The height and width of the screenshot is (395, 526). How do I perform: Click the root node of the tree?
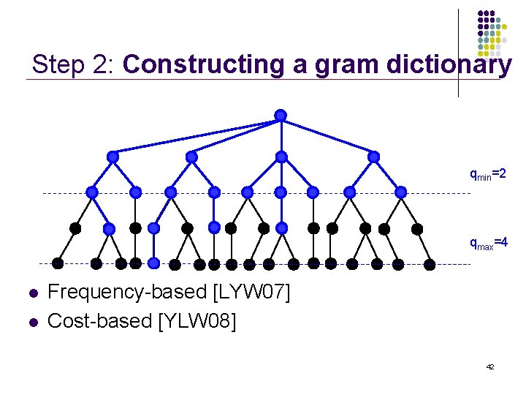coord(280,115)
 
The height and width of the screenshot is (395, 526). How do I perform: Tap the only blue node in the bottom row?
coord(154,263)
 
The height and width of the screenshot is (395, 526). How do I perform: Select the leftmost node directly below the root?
coord(113,157)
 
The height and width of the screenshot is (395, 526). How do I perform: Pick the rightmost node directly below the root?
coord(374,157)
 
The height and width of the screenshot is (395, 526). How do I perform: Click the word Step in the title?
coord(59,64)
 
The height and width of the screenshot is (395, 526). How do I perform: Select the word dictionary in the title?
coord(453,64)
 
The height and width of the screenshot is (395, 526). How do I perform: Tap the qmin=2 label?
coord(487,175)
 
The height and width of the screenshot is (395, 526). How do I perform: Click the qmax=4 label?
coord(487,244)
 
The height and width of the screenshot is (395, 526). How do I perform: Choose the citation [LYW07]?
coord(251,293)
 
